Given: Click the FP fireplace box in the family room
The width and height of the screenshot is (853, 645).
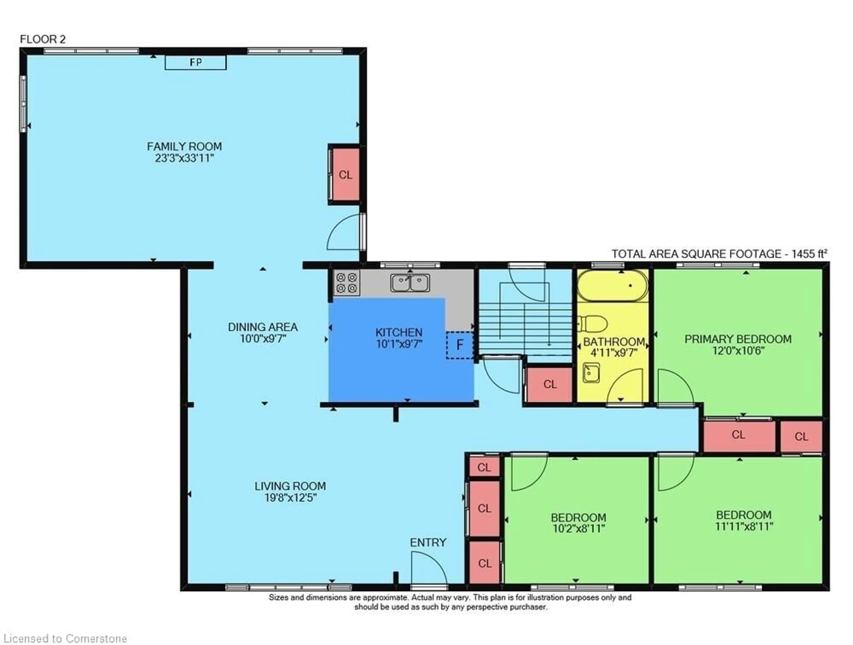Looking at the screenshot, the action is click(x=195, y=62).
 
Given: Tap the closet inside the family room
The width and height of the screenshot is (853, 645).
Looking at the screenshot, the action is click(x=345, y=175).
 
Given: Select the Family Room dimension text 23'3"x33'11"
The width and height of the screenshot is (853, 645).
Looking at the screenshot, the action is click(x=184, y=158).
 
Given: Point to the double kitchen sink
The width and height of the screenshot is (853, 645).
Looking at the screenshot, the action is click(x=410, y=283).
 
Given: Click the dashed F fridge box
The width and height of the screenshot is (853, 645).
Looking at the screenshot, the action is click(x=460, y=345).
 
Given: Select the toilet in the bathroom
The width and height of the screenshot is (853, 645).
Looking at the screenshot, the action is click(x=593, y=323).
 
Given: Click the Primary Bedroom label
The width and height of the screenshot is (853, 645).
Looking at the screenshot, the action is click(x=738, y=339).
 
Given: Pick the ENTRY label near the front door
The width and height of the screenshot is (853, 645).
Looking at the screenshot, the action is click(x=428, y=542).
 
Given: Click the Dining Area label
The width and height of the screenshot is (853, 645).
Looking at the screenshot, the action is click(x=263, y=327).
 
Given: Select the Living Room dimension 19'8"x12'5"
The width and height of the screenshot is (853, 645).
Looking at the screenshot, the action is click(x=290, y=498).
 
